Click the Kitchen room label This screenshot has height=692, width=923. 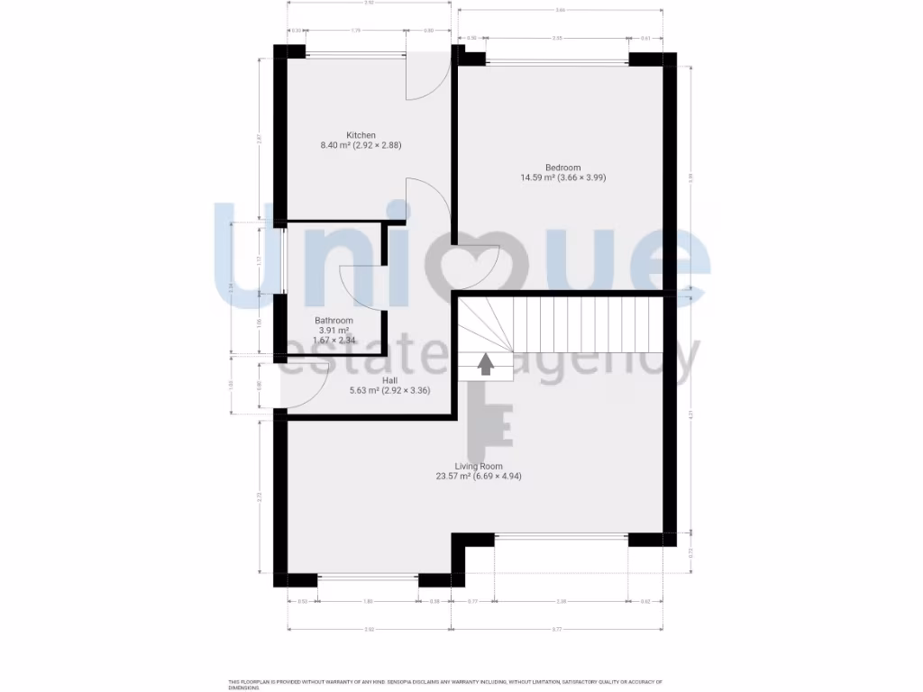(361, 135)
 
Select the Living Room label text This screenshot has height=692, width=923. (478, 466)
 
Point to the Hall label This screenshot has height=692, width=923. (364, 381)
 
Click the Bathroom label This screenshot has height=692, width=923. (334, 321)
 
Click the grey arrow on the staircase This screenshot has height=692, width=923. (485, 364)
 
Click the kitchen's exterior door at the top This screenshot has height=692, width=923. (426, 77)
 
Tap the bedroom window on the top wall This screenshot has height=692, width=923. (557, 60)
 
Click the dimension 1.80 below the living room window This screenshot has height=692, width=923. (368, 601)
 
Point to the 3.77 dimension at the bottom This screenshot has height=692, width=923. (561, 628)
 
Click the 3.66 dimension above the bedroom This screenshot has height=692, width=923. (560, 10)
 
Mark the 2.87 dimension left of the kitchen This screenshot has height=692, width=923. (259, 140)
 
